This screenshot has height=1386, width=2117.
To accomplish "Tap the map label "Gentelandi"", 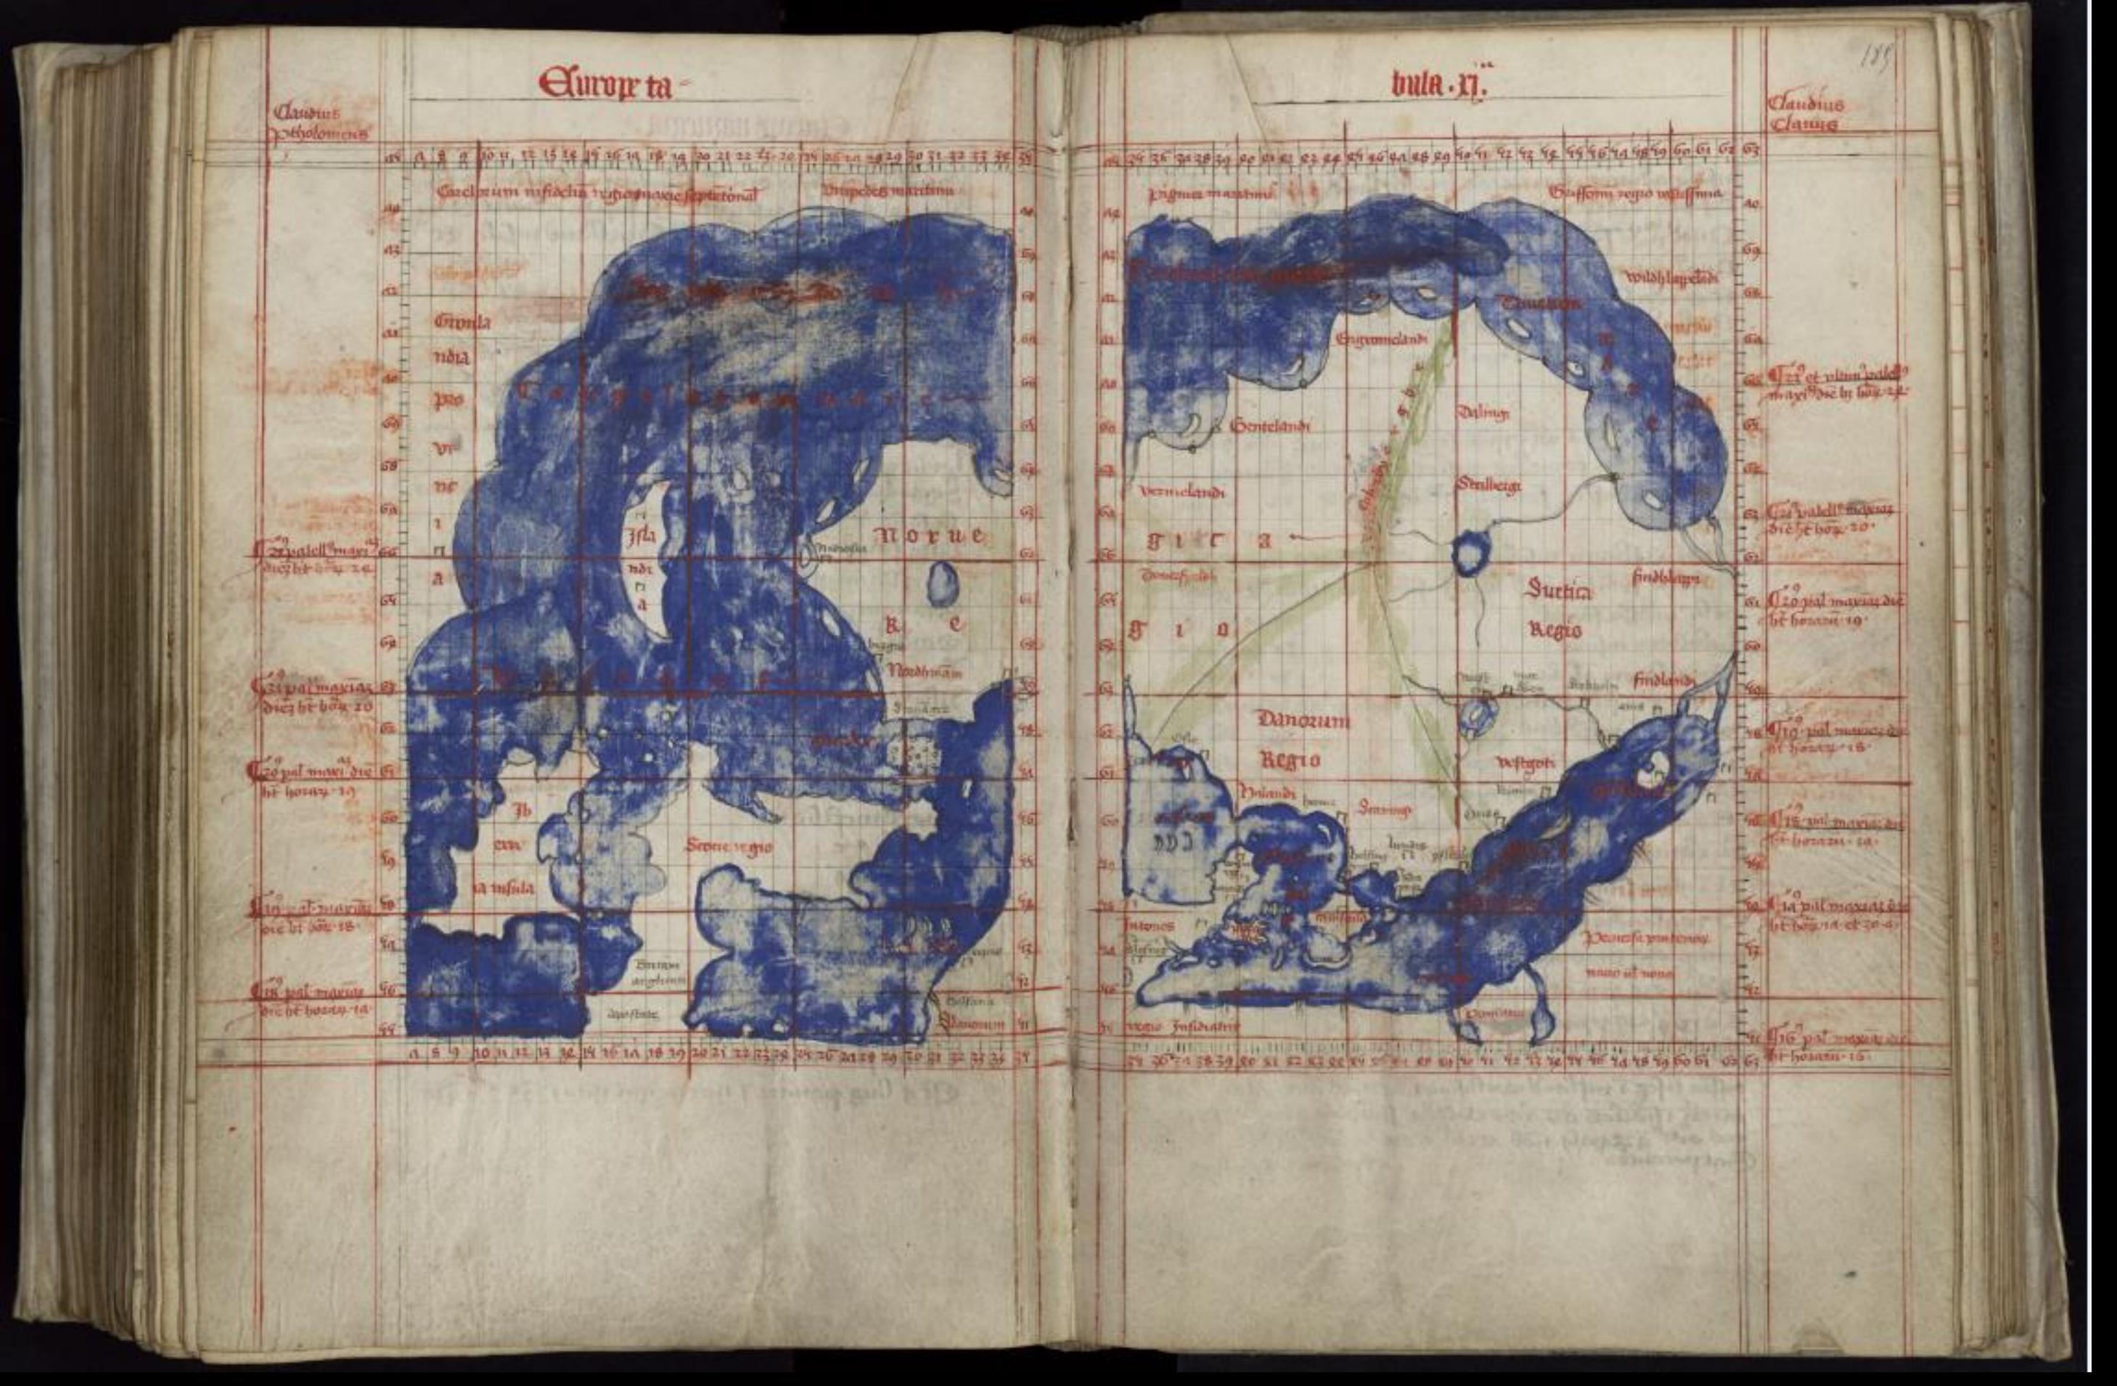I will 1270,426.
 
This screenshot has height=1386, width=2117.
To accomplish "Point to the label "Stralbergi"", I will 1488,485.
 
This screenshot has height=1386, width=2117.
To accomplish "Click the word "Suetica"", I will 1560,589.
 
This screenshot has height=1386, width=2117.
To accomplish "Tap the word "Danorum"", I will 1303,720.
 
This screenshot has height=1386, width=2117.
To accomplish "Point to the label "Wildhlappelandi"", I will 1671,279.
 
